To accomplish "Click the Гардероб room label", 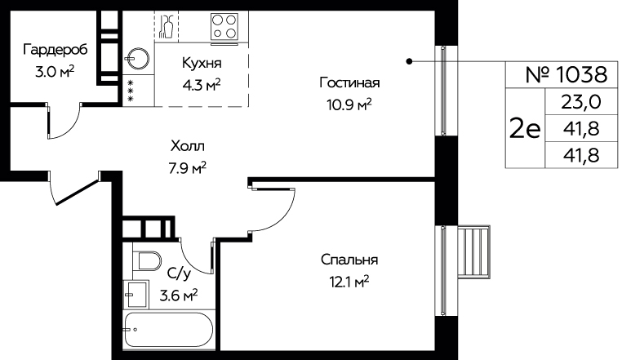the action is tap(56, 51).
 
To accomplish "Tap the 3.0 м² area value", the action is tap(55, 72).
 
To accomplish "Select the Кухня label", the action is tap(202, 64).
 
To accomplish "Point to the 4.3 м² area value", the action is tap(202, 85).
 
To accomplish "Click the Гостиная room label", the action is tap(349, 82).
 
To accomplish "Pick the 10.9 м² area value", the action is tap(349, 104).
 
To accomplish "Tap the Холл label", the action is tap(188, 146).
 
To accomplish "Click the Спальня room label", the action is tap(349, 260).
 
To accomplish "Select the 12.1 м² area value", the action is tap(349, 282).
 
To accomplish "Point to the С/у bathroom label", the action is tap(180, 273).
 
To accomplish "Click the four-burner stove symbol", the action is tap(224, 27).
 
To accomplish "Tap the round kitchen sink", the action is tap(137, 59).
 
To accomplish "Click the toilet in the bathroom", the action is tap(147, 260).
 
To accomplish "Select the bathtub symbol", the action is tap(169, 330).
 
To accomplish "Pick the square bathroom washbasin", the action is tap(136, 294).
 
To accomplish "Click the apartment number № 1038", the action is tap(566, 74).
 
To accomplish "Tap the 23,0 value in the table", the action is tap(580, 102).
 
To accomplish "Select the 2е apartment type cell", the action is tap(524, 128).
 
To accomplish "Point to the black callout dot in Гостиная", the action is tap(410, 61).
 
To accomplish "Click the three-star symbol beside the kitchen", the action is tap(131, 91).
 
